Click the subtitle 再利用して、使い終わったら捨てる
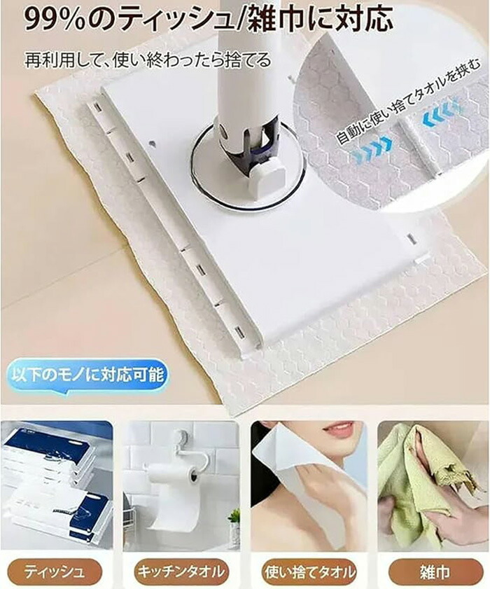148,60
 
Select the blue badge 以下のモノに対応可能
88,375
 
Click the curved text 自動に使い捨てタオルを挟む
407,102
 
